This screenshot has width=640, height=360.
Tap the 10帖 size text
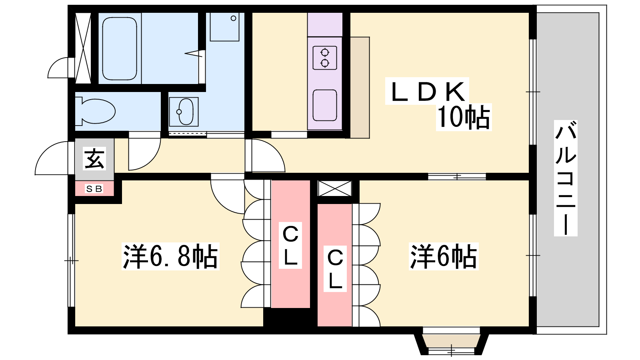(464, 117)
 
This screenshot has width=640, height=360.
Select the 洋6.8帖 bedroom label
(170, 256)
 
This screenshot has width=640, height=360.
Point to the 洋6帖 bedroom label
(444, 256)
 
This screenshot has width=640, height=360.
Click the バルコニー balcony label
(566, 178)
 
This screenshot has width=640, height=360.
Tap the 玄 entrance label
(94, 158)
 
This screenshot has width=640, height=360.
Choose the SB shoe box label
(94, 189)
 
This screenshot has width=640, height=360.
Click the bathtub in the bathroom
(120, 48)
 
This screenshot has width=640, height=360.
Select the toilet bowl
(95, 111)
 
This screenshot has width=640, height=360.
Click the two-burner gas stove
(325, 58)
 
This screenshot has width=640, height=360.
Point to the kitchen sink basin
(325, 105)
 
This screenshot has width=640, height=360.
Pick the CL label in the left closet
(290, 245)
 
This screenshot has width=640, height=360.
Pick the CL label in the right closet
(335, 268)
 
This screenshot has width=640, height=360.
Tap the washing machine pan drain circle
(234, 18)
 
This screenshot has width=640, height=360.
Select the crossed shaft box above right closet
(335, 188)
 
